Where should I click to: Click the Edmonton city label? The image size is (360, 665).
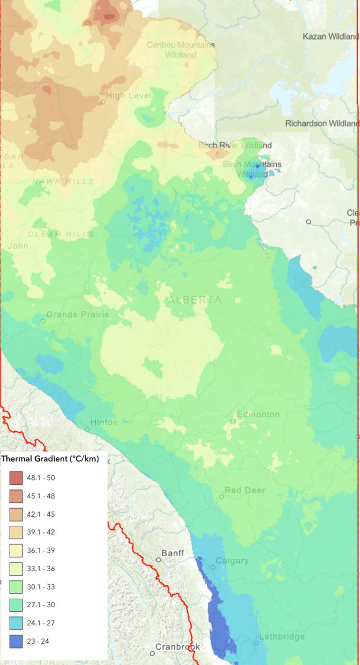[258, 414]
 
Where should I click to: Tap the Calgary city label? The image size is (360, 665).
[232, 561]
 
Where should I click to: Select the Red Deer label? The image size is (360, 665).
[245, 490]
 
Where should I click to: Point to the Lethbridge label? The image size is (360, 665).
[282, 637]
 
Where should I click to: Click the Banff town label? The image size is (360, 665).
[172, 554]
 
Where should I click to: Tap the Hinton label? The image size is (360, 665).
[104, 422]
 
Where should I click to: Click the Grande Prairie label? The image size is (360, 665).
[78, 315]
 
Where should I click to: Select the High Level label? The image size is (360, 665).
[128, 96]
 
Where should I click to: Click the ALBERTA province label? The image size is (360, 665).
[194, 300]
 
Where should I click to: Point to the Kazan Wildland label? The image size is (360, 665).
[330, 36]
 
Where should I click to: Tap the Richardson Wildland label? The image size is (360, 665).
[322, 123]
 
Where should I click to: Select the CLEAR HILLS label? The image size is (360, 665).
[61, 234]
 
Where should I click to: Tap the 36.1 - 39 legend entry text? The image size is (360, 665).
[42, 550]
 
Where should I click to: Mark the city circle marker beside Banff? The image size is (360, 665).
[158, 559]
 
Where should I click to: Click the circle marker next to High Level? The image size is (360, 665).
[102, 102]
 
